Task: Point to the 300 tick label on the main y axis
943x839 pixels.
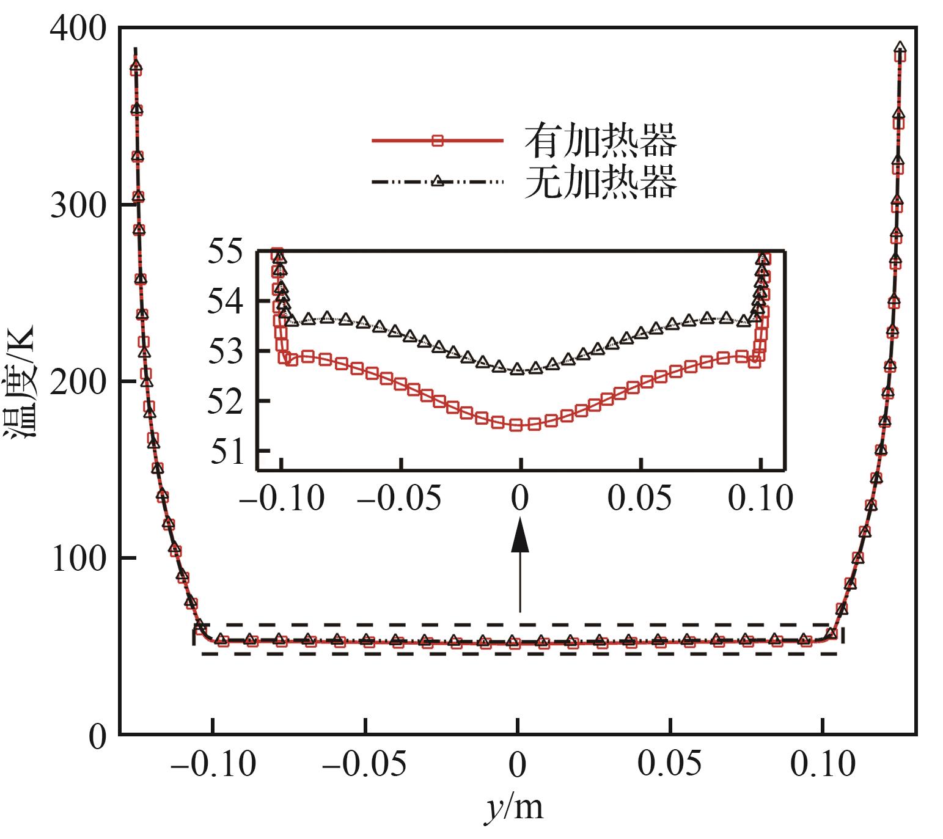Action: (x=78, y=205)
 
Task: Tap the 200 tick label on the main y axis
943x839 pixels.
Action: (x=78, y=383)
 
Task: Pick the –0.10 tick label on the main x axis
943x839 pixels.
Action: (x=213, y=764)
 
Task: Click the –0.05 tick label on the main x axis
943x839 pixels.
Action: (x=364, y=764)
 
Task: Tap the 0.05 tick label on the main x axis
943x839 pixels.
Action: (x=670, y=764)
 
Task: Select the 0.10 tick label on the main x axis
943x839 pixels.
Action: (x=823, y=764)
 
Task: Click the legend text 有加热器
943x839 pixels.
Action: (x=601, y=141)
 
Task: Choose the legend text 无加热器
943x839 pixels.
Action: (x=601, y=181)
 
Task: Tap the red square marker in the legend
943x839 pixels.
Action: (x=437, y=141)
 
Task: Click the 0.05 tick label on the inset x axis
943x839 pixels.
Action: (x=639, y=499)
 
